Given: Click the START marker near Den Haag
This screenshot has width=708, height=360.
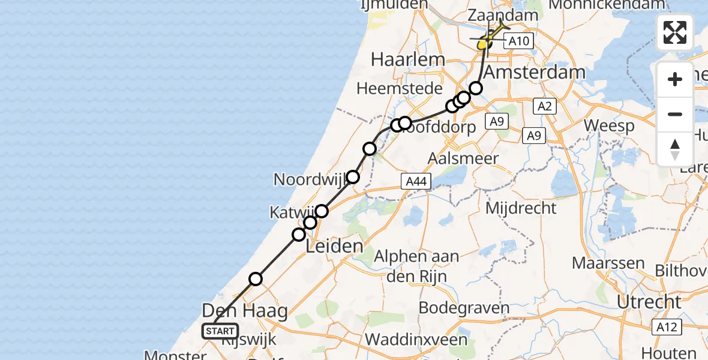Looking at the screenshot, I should [221, 331].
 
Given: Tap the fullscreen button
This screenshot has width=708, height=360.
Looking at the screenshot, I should [675, 32].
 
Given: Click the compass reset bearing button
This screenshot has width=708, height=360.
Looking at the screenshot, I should [675, 149].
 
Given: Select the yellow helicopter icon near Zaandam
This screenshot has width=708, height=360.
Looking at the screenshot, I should [488, 39].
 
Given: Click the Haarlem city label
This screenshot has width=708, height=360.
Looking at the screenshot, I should [408, 59].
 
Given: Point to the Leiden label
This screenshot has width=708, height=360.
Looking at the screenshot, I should [335, 246].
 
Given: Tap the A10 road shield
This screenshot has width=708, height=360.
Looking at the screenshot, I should [518, 41].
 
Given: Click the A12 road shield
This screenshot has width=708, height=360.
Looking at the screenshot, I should [667, 327].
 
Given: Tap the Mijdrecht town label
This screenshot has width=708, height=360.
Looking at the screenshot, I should [521, 209].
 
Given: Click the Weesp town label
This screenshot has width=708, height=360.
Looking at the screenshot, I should [609, 127].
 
